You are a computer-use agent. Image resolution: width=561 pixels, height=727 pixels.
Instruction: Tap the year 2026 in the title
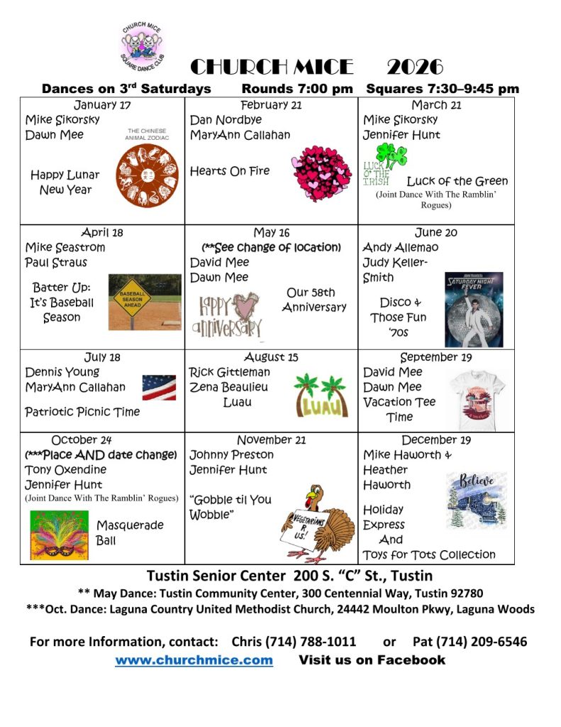click(415, 67)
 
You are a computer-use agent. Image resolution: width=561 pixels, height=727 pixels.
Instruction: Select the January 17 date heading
click(102, 105)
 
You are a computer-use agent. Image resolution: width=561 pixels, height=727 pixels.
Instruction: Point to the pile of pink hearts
click(321, 173)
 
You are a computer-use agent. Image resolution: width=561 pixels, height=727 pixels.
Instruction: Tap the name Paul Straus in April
click(56, 263)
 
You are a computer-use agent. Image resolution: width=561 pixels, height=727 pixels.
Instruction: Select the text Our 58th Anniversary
click(313, 300)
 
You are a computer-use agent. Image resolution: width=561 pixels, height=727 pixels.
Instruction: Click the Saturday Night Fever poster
click(474, 309)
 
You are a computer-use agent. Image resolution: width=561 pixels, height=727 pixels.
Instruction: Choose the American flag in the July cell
click(159, 388)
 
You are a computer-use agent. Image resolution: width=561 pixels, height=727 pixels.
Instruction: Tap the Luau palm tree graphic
click(322, 394)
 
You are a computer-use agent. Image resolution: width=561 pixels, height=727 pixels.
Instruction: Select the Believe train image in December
click(476, 499)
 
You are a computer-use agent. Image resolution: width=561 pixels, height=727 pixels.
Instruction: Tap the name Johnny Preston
click(231, 454)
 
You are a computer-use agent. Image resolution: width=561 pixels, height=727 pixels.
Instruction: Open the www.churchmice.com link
click(194, 660)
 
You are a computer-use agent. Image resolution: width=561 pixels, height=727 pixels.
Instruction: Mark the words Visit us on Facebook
click(372, 660)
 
